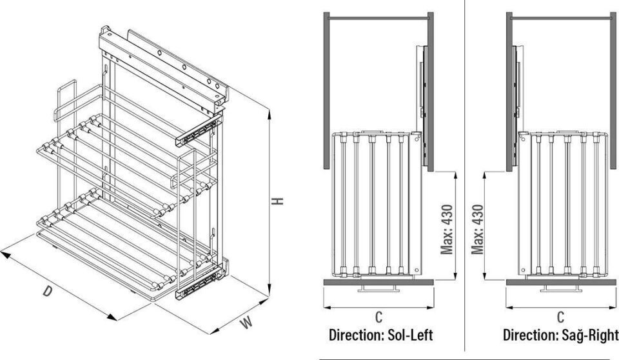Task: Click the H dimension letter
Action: coord(277,201)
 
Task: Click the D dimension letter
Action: coord(47,291)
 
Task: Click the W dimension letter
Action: coord(245,323)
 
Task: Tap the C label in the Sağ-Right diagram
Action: coord(560,317)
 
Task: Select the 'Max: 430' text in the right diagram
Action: coord(478,229)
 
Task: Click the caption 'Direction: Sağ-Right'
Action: coord(560,336)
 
